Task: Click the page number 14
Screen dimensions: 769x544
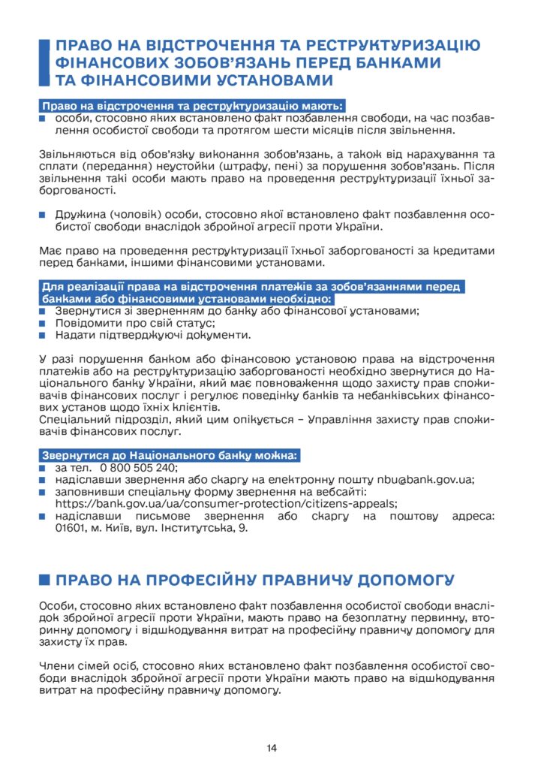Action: (272, 747)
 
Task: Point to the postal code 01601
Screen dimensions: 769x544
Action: (72, 529)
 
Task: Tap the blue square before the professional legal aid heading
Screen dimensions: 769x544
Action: (44, 580)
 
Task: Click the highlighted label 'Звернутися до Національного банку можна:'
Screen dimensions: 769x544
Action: (170, 455)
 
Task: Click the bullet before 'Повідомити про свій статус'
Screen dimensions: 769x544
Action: (43, 323)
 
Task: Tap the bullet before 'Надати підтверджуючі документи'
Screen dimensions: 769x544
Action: (43, 335)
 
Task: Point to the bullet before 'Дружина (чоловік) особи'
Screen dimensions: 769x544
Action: (43, 215)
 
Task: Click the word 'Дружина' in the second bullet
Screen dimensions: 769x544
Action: (82, 215)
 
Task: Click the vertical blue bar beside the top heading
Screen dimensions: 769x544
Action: (44, 62)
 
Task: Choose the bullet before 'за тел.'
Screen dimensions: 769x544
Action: (43, 468)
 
